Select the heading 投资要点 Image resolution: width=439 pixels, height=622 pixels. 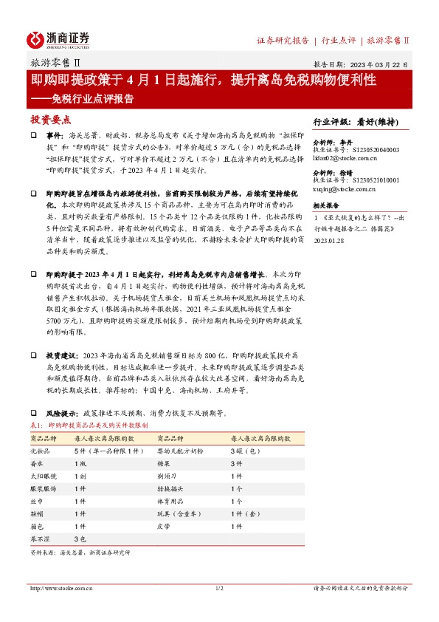point(50,119)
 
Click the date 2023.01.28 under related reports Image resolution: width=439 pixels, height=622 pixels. point(329,240)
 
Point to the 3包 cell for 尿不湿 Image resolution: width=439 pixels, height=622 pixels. point(80,539)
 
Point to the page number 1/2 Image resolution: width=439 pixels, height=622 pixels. point(219,588)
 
